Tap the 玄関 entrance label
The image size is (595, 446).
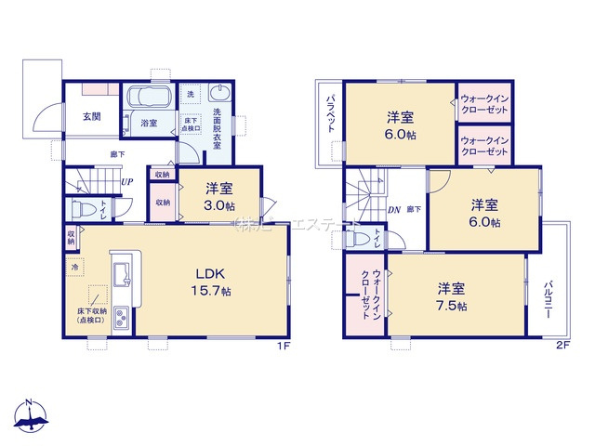click(x=91, y=116)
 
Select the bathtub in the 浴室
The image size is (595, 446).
click(x=148, y=98)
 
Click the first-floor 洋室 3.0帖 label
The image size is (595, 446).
click(x=220, y=196)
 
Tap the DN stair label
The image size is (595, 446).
click(x=393, y=209)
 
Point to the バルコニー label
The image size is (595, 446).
click(x=548, y=300)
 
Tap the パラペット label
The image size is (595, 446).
click(x=330, y=121)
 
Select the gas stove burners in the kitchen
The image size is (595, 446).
click(x=121, y=321)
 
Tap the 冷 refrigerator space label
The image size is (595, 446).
click(x=75, y=267)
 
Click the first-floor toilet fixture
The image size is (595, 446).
click(x=79, y=209)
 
